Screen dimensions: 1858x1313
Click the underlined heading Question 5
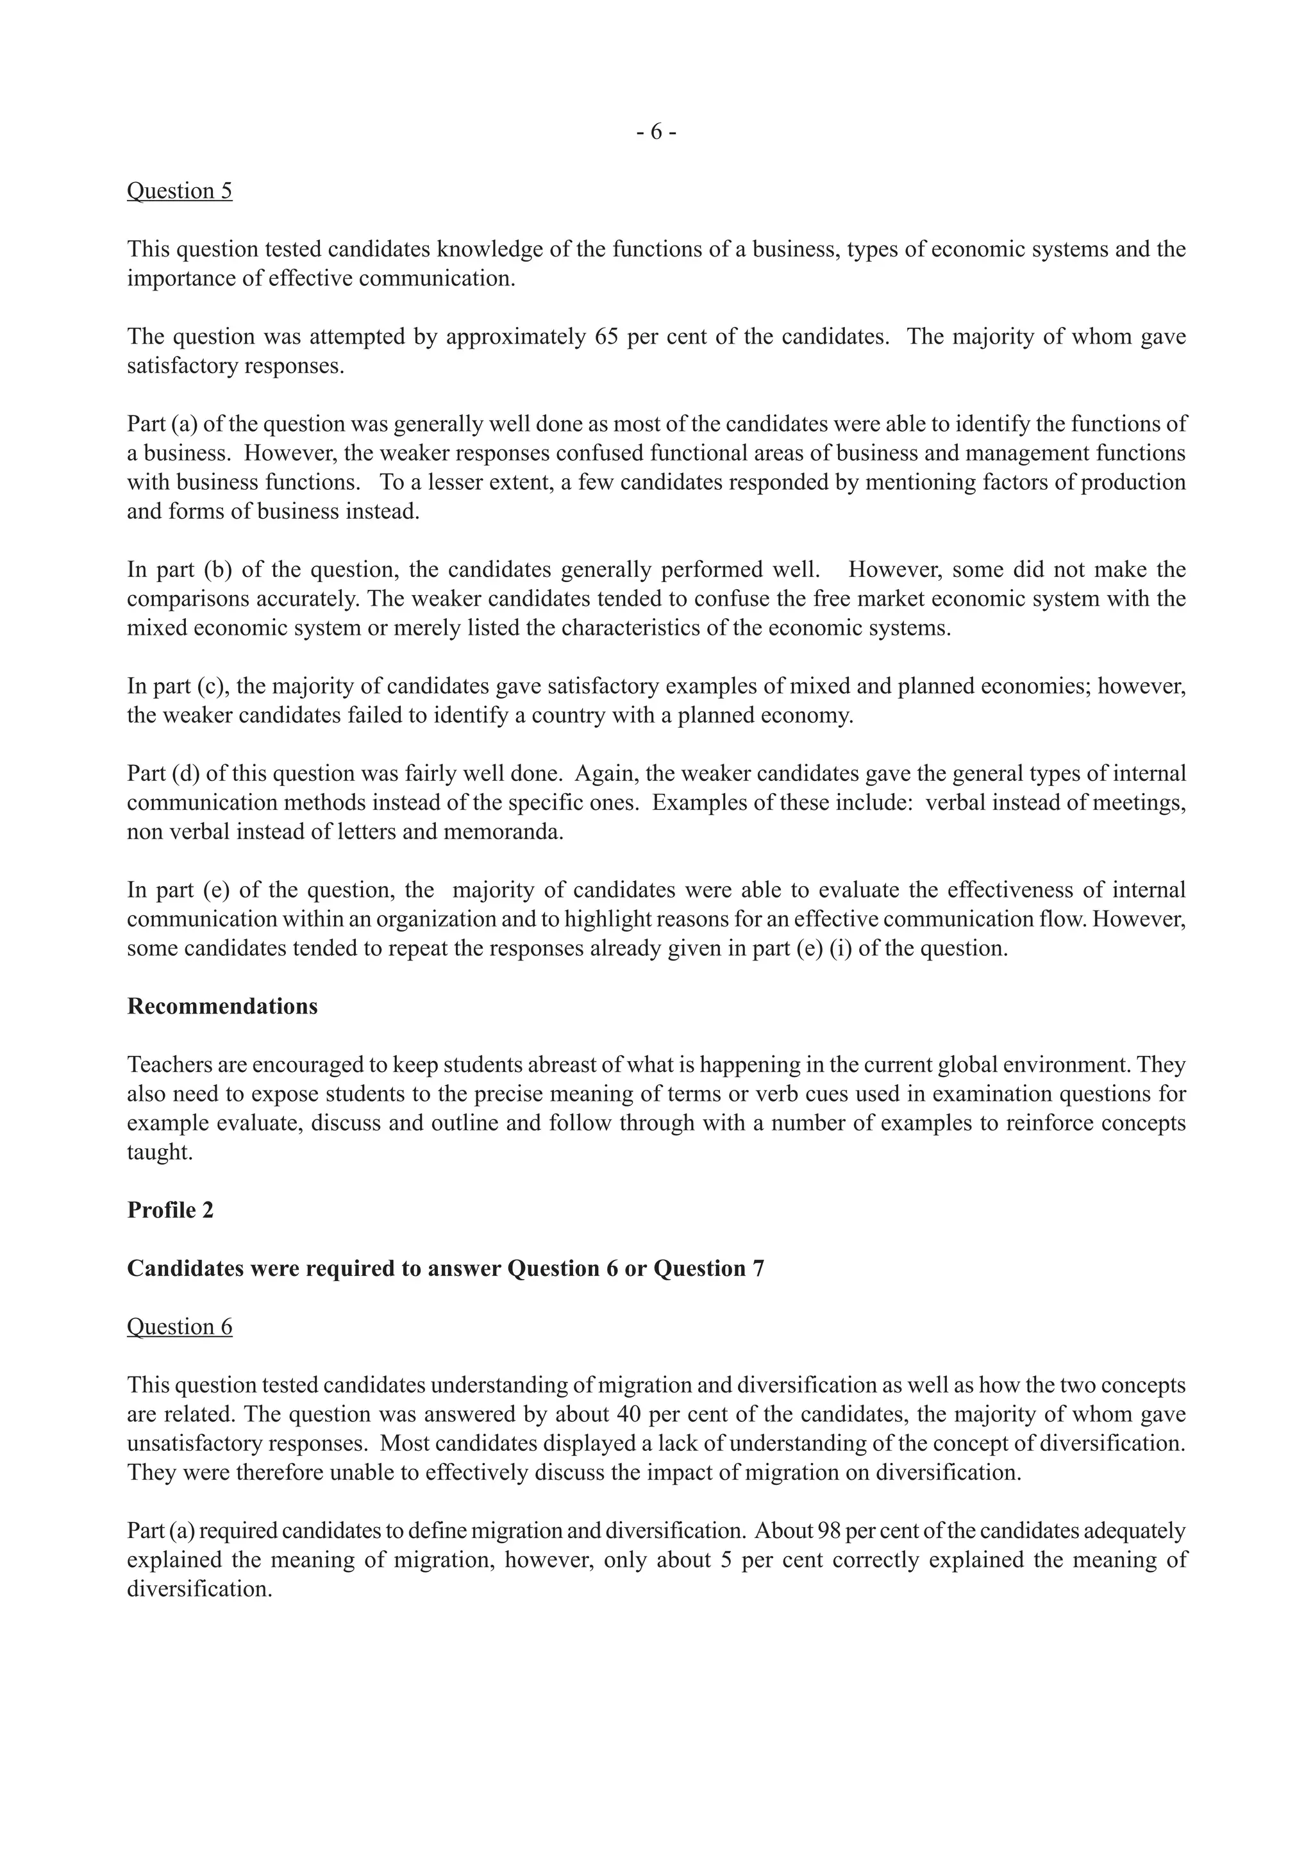point(180,191)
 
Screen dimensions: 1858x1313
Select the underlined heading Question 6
point(180,1327)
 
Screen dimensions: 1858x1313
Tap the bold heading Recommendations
point(222,1007)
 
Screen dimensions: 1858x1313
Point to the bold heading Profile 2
point(171,1210)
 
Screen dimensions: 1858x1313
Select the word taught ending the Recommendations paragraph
point(160,1152)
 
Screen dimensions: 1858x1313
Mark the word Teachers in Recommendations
point(167,1065)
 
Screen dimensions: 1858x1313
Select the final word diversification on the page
point(198,1589)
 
